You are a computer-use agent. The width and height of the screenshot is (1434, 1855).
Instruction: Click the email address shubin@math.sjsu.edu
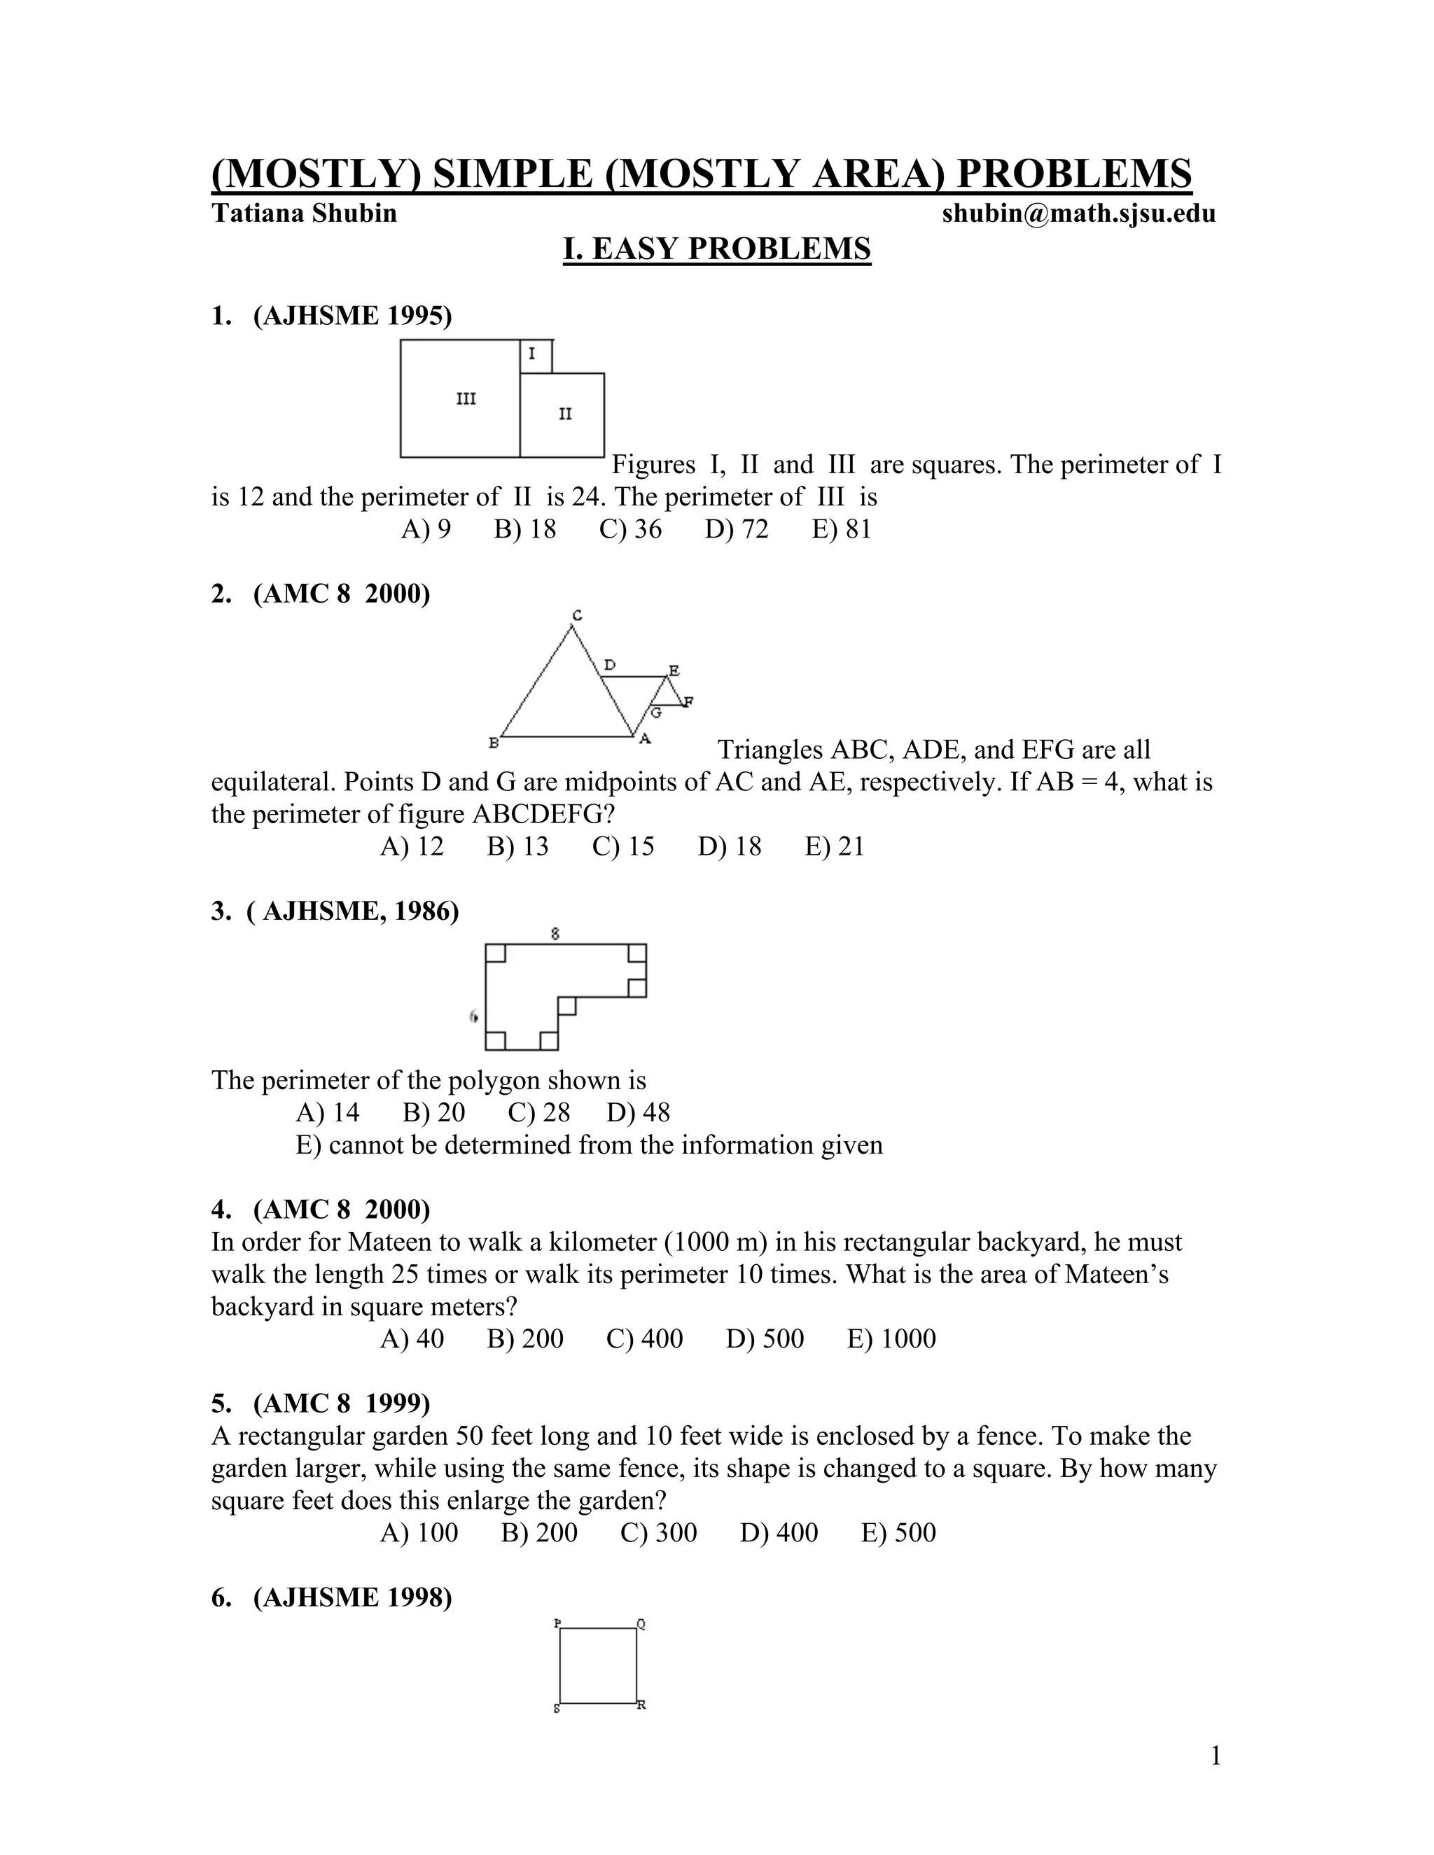click(x=1078, y=213)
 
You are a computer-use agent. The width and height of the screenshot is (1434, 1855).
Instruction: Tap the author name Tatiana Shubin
click(x=304, y=213)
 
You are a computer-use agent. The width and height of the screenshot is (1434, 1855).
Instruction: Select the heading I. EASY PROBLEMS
click(x=717, y=249)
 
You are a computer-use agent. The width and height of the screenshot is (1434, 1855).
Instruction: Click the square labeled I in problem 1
click(x=534, y=355)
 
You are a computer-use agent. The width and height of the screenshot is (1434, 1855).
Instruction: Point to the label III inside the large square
click(x=466, y=398)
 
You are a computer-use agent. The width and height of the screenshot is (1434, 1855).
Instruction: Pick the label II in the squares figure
click(x=565, y=414)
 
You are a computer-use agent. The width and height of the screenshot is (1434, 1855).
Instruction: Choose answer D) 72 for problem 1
click(x=736, y=529)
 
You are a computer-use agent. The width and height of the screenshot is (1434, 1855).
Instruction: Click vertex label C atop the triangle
click(x=577, y=615)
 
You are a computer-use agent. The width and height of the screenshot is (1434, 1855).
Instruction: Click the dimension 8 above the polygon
click(x=555, y=933)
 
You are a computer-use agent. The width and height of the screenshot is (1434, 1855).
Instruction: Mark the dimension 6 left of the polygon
click(x=474, y=1016)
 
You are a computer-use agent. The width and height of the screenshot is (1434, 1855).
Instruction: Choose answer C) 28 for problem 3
click(x=538, y=1113)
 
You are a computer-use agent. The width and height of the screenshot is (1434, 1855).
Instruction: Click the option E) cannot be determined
click(x=589, y=1145)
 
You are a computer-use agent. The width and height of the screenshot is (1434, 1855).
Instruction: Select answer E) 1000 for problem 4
click(x=891, y=1338)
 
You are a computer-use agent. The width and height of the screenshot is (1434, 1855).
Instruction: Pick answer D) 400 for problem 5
click(x=778, y=1532)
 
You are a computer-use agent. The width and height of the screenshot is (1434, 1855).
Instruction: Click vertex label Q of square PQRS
click(x=641, y=1624)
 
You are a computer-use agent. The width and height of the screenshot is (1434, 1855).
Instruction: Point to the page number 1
click(x=1215, y=1755)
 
